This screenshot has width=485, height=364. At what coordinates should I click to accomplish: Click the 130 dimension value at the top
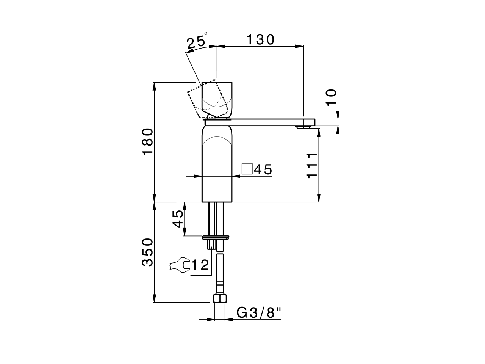click(260, 39)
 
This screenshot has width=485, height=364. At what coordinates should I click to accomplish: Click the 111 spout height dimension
click(311, 165)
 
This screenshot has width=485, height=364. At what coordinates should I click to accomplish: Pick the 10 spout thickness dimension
click(330, 97)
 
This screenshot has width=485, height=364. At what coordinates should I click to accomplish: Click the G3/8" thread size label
click(259, 313)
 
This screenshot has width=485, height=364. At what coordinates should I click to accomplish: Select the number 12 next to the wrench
click(200, 265)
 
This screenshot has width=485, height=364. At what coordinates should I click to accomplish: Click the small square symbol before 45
click(247, 169)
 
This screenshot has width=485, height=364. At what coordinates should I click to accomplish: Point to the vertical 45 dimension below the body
click(178, 219)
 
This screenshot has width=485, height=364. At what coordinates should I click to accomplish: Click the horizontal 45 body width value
click(263, 169)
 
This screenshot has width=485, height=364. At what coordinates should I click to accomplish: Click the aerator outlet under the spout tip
click(302, 128)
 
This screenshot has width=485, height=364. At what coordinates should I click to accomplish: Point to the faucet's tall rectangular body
click(217, 167)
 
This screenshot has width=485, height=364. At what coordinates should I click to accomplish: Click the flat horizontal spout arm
click(265, 122)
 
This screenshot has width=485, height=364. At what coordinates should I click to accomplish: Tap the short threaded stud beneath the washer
click(211, 244)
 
